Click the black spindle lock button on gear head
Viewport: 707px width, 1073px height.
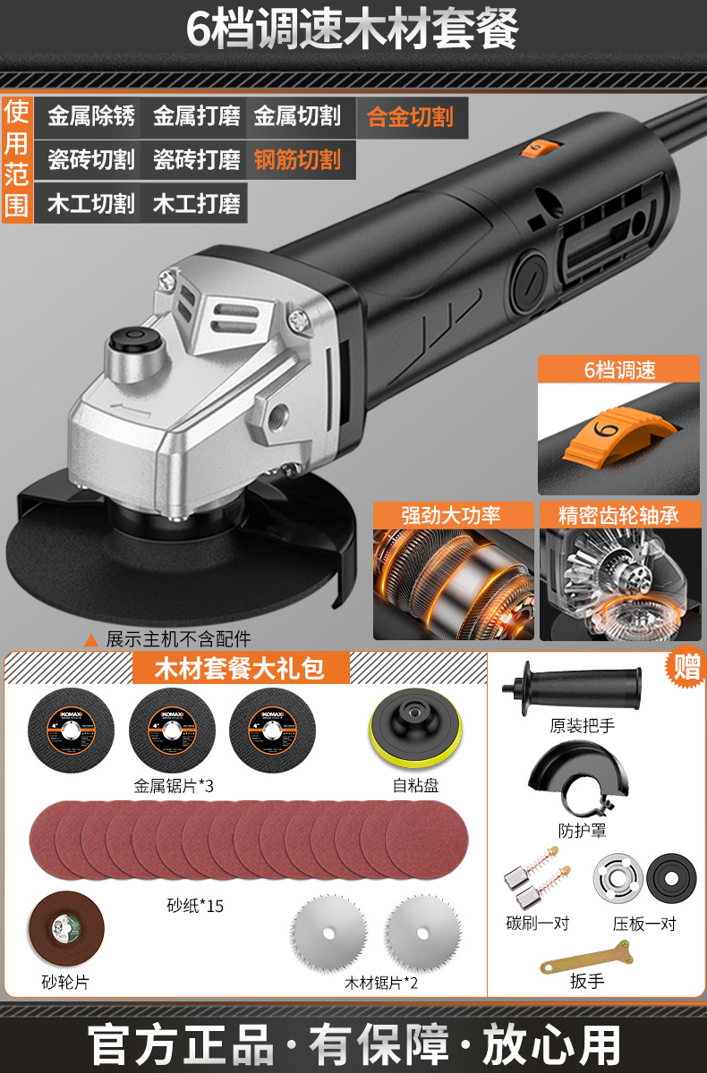click(x=133, y=339)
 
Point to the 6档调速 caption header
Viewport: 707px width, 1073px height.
click(x=618, y=369)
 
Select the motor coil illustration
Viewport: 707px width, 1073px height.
click(x=454, y=585)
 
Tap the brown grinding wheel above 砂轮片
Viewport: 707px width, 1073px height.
click(x=66, y=928)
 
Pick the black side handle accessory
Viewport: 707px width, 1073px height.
click(x=572, y=689)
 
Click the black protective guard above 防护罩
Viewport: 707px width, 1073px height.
click(x=578, y=781)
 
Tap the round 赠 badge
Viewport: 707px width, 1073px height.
click(x=686, y=666)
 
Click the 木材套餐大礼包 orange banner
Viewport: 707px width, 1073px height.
click(x=241, y=668)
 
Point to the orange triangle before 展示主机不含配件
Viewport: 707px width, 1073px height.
click(x=91, y=640)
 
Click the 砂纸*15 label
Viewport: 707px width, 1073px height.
click(x=195, y=906)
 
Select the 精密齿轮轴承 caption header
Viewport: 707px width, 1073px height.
click(x=619, y=515)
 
